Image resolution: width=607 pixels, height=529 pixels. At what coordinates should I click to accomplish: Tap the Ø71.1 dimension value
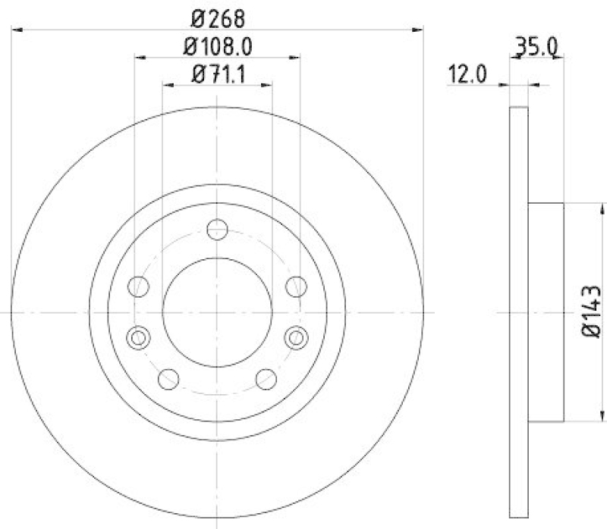click(218, 74)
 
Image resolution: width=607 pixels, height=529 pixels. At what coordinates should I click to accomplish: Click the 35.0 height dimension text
click(536, 48)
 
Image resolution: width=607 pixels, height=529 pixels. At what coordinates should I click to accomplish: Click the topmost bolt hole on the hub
click(218, 228)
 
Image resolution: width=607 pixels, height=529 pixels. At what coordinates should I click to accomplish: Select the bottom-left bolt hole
click(168, 378)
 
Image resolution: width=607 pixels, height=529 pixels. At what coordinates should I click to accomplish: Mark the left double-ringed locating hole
click(138, 337)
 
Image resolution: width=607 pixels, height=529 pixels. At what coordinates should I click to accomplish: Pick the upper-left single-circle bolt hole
click(138, 286)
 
